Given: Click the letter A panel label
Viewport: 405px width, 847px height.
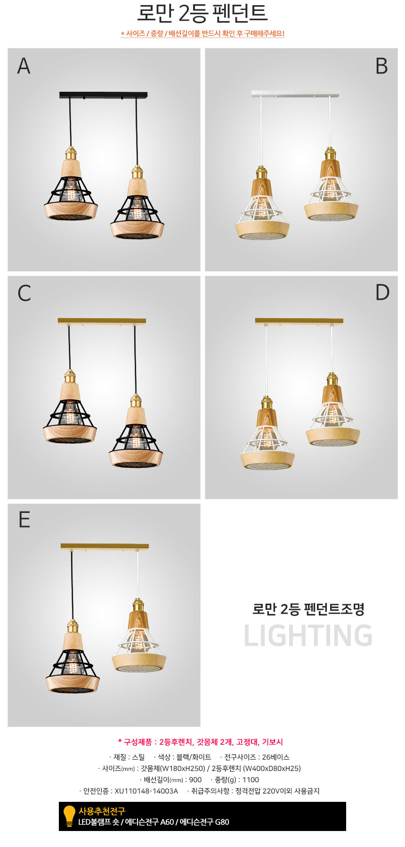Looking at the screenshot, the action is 24,66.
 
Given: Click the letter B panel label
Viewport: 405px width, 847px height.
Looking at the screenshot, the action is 381,66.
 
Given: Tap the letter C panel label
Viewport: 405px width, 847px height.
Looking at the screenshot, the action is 24,293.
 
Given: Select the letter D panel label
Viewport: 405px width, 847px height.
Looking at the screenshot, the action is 382,292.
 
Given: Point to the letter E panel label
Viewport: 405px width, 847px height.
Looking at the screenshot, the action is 24,519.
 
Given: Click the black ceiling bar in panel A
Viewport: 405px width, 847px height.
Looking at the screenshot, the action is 104,95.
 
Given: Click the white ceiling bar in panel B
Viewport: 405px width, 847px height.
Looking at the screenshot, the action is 295,94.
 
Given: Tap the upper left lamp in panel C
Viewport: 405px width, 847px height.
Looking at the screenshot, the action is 70,407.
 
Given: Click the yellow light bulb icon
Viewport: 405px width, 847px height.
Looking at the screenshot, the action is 69,816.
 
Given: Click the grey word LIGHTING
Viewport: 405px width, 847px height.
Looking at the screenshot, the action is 308,635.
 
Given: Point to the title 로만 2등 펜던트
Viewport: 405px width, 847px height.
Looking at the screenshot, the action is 202,13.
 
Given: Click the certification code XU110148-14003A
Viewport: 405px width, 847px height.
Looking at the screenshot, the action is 146,791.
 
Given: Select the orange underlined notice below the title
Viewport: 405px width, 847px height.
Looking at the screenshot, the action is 202,33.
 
